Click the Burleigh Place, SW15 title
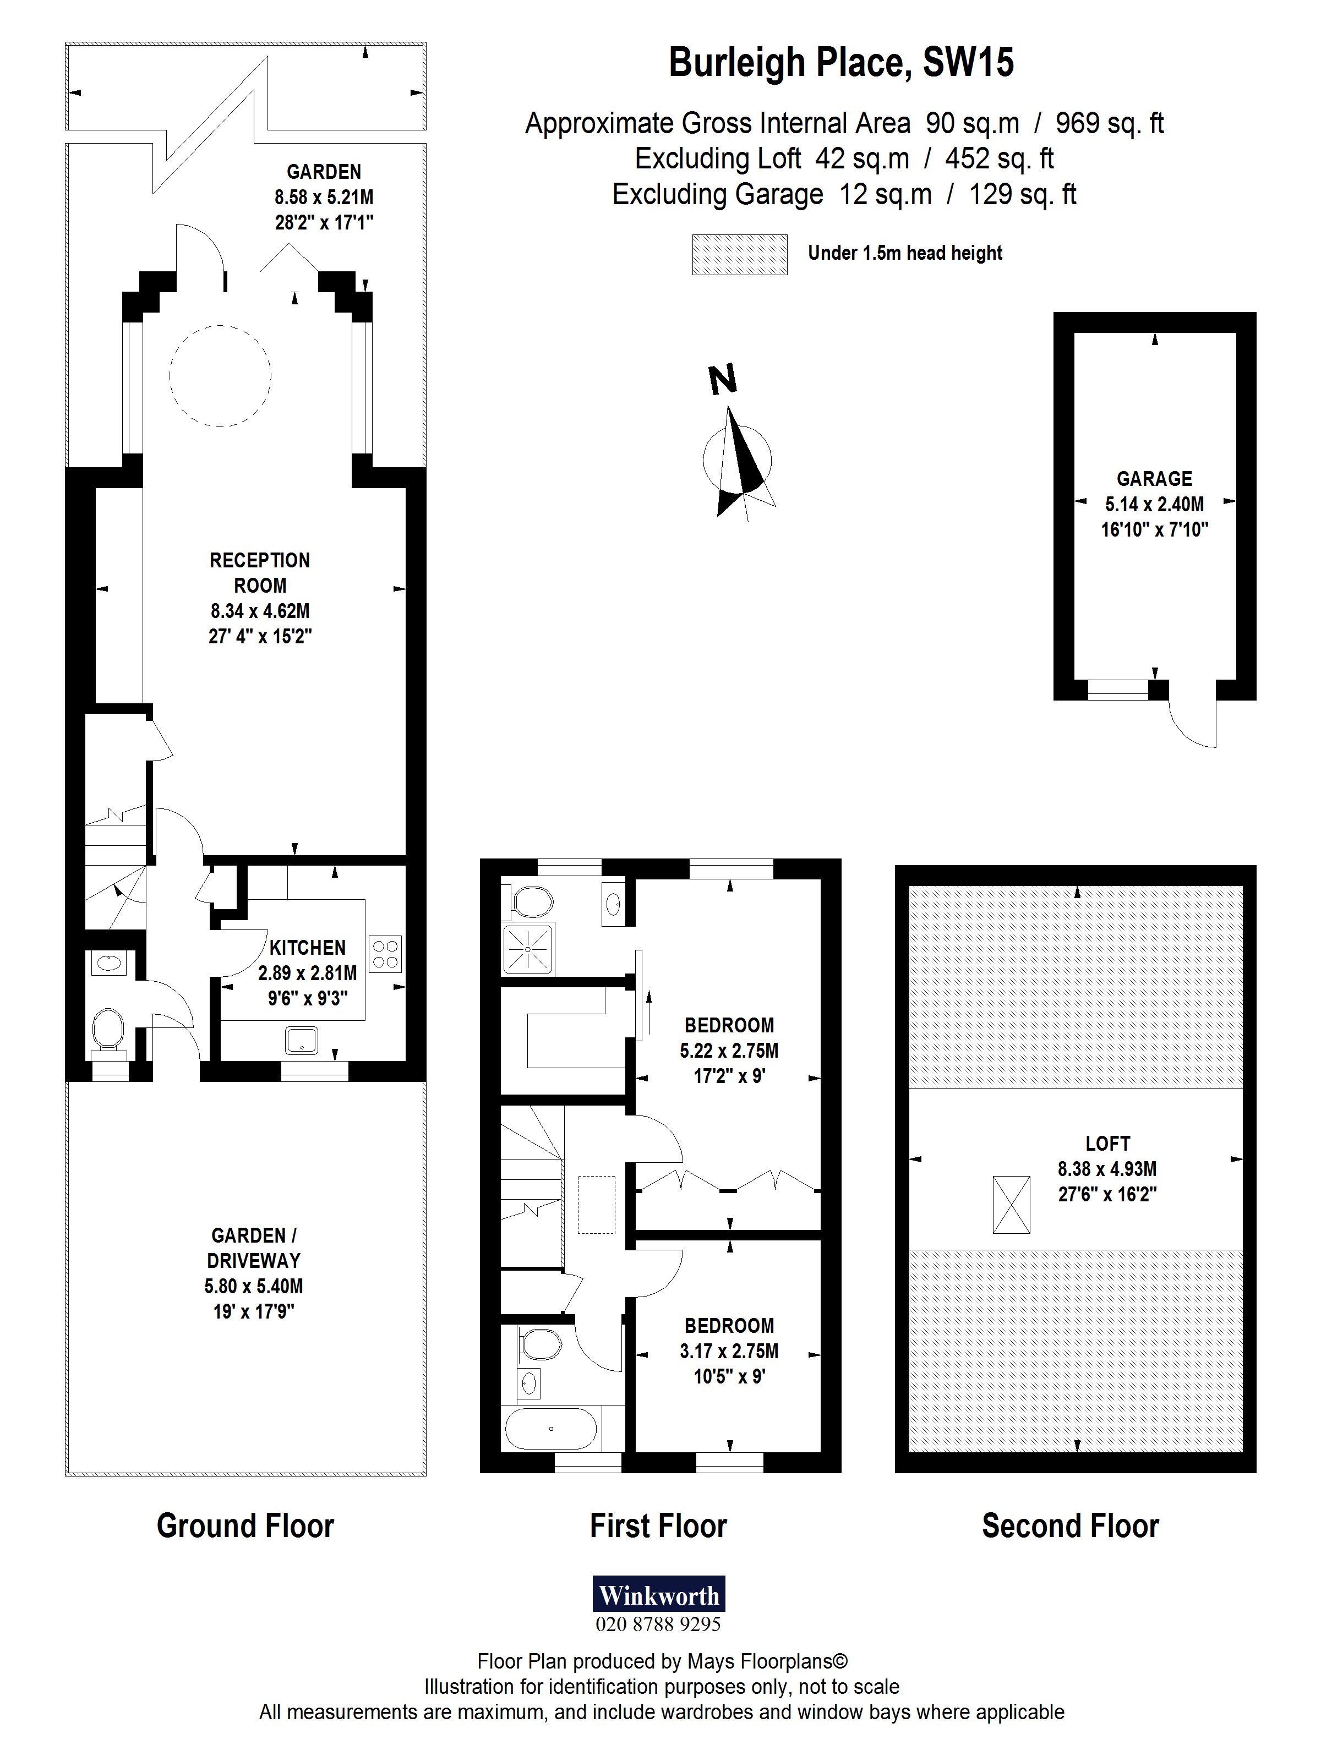tap(841, 62)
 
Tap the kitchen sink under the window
tap(302, 1040)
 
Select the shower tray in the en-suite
tap(528, 949)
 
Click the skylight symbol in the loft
tap(1011, 1205)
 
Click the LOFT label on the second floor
tap(1107, 1143)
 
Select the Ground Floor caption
tap(245, 1526)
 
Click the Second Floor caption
tap(1069, 1526)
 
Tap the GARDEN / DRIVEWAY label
tap(253, 1248)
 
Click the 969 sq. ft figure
tap(1109, 123)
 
